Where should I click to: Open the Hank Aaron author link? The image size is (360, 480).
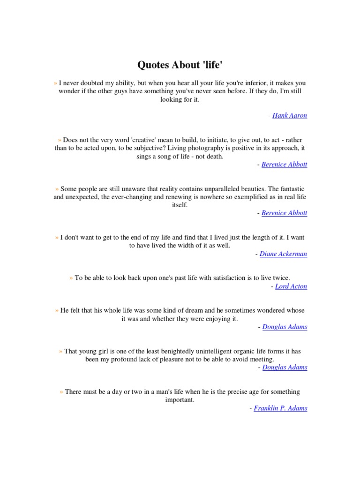pyautogui.click(x=290, y=116)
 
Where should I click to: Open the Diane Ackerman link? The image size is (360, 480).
pyautogui.click(x=284, y=254)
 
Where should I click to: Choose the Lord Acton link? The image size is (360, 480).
pyautogui.click(x=291, y=286)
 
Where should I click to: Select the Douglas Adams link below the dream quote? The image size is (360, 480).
pyautogui.click(x=285, y=327)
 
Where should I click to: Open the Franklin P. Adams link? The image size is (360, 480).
pyautogui.click(x=280, y=408)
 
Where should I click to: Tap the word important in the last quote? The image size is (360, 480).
pyautogui.click(x=180, y=400)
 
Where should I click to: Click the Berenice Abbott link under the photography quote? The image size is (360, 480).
pyautogui.click(x=284, y=165)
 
